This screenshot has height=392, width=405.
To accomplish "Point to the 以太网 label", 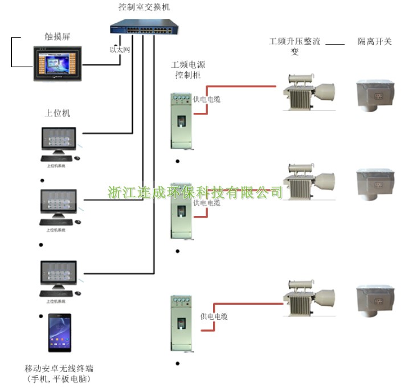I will click(x=120, y=50).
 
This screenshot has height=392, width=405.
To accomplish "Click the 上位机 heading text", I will click(x=58, y=113).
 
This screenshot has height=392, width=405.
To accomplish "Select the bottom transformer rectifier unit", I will click(x=304, y=296).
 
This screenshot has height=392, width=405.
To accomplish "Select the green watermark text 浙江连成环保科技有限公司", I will click(x=195, y=192).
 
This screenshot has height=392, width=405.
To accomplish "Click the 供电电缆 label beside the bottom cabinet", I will click(x=214, y=316).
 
